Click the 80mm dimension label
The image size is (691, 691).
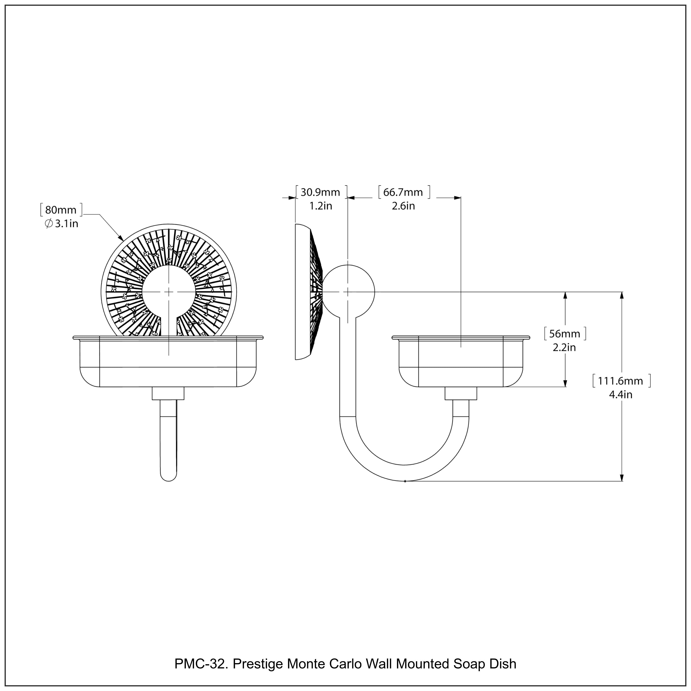coord(61,210)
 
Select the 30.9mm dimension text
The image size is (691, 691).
coord(320,192)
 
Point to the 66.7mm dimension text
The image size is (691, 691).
coord(403,192)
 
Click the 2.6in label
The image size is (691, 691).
coord(403,206)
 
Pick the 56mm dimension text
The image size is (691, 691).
coord(564,334)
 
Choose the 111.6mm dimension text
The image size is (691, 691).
coord(621,381)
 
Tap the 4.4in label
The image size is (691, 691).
coord(621,395)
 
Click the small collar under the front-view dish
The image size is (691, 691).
coord(168,393)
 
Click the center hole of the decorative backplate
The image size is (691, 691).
coord(168,292)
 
